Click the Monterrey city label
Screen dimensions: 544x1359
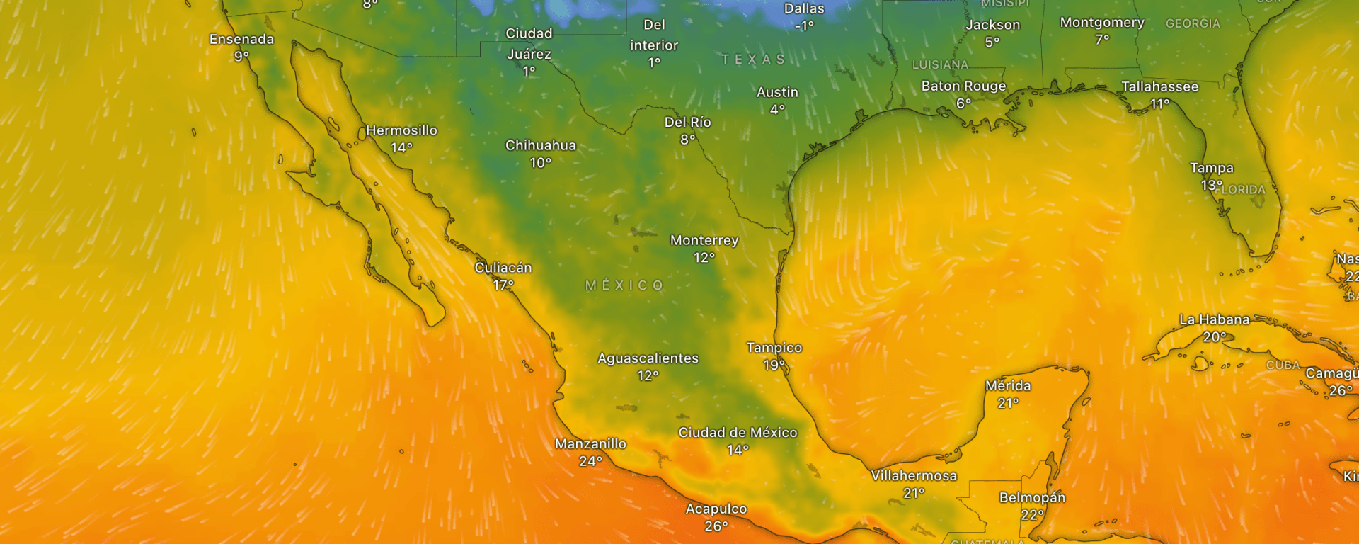pyautogui.click(x=704, y=241)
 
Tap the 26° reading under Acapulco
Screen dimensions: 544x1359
pyautogui.click(x=716, y=526)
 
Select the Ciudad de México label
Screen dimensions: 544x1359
pyautogui.click(x=738, y=433)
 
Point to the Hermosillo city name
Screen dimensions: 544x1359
pyautogui.click(x=401, y=130)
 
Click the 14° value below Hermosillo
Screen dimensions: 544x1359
pyautogui.click(x=401, y=148)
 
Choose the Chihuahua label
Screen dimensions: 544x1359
pyautogui.click(x=541, y=145)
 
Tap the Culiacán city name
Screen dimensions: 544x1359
pyautogui.click(x=503, y=268)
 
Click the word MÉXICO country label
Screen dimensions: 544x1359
pyautogui.click(x=624, y=285)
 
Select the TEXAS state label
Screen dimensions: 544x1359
pyautogui.click(x=753, y=59)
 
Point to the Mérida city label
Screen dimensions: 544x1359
pyautogui.click(x=1008, y=386)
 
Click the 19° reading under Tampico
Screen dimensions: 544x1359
pyautogui.click(x=774, y=365)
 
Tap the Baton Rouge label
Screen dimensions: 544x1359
pyautogui.click(x=963, y=86)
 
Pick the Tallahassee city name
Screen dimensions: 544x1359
pyautogui.click(x=1159, y=87)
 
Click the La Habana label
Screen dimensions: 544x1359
pyautogui.click(x=1214, y=320)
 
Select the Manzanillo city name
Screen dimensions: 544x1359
pyautogui.click(x=590, y=444)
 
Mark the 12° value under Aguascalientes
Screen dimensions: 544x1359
pyautogui.click(x=648, y=376)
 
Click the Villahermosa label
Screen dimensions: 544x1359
pyautogui.click(x=914, y=476)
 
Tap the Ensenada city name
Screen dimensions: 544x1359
pyautogui.click(x=241, y=40)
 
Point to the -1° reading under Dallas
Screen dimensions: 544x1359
pyautogui.click(x=804, y=26)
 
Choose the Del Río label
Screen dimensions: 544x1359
pyautogui.click(x=687, y=123)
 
